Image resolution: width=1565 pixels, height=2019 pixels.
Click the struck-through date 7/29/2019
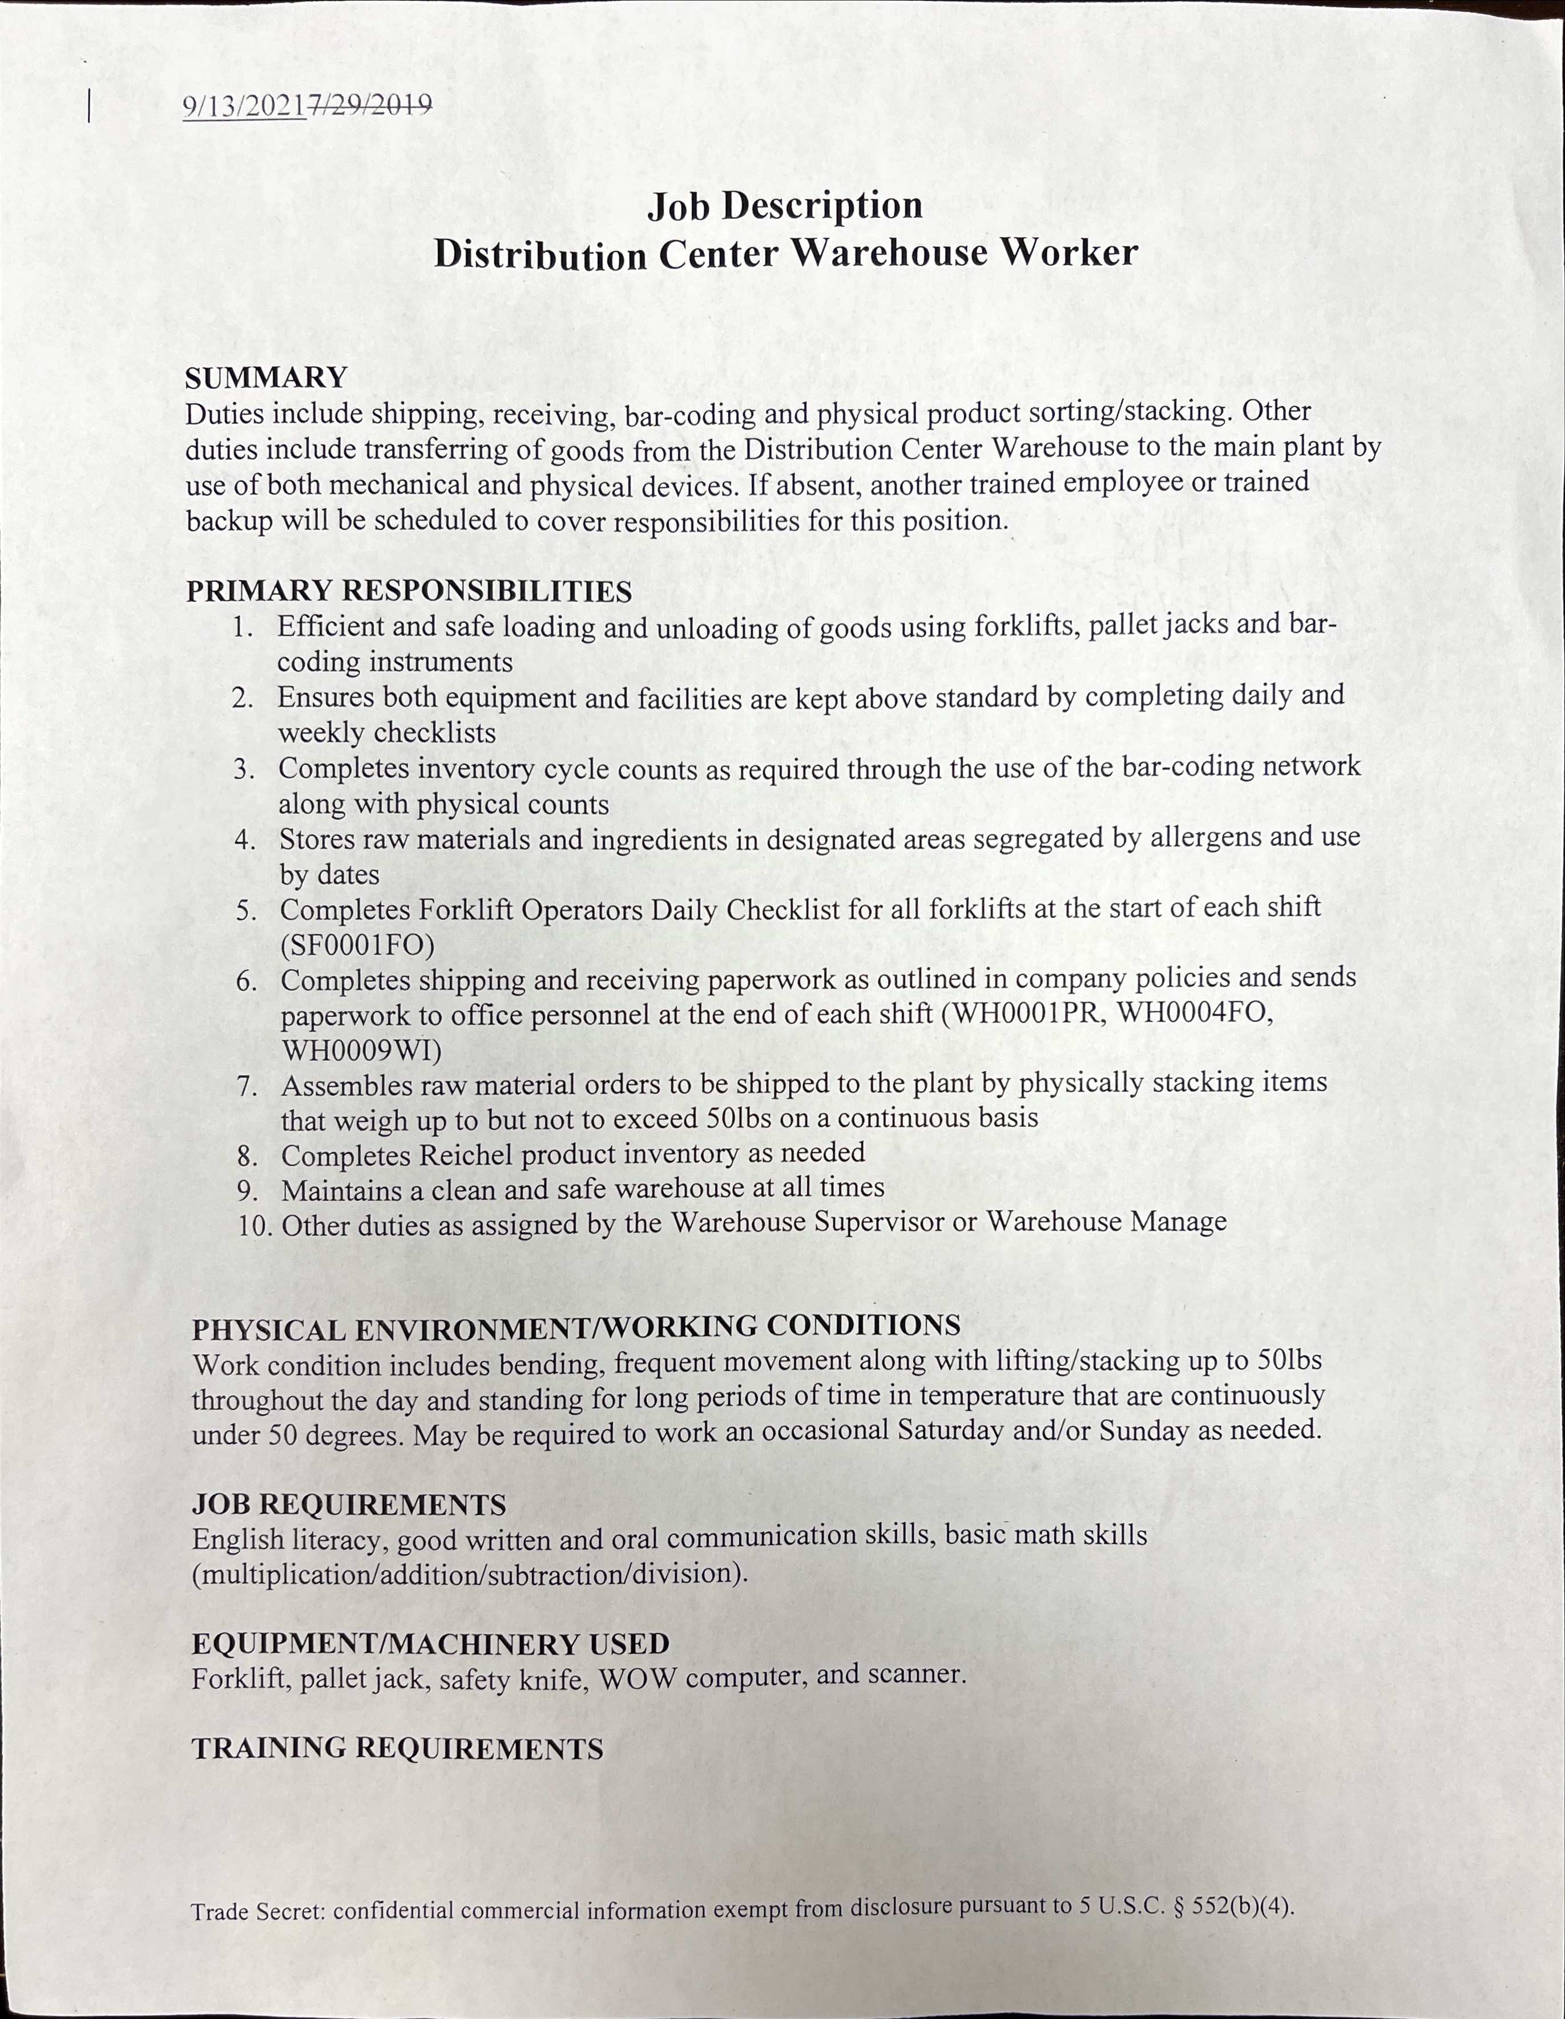pyautogui.click(x=370, y=106)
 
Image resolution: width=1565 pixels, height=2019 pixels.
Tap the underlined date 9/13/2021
pyautogui.click(x=244, y=106)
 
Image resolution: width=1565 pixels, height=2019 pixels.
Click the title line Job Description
pyautogui.click(x=784, y=205)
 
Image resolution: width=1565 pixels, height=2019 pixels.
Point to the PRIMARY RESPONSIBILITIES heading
pyautogui.click(x=409, y=591)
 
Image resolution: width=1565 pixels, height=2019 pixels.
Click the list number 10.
pyautogui.click(x=255, y=1227)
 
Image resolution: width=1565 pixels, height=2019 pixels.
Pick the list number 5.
pyautogui.click(x=246, y=911)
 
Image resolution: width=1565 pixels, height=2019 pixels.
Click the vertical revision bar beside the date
pyautogui.click(x=89, y=106)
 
